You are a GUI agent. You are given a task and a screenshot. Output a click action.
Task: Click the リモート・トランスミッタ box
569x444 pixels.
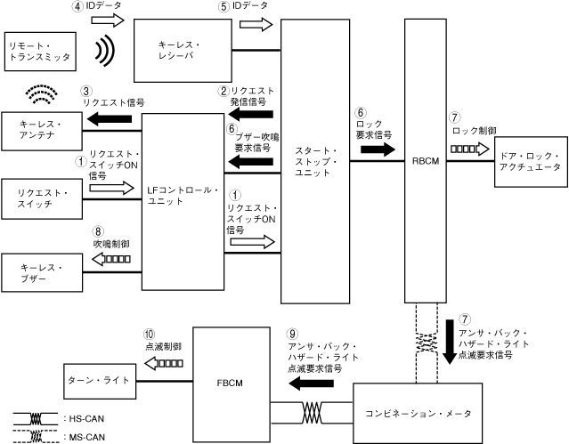(39, 51)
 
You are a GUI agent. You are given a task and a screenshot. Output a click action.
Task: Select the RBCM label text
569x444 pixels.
(424, 163)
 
